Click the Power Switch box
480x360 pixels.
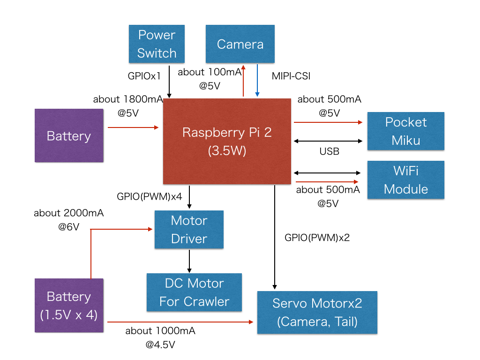(x=157, y=44)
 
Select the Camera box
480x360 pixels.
(x=240, y=44)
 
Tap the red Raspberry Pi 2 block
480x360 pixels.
(x=227, y=141)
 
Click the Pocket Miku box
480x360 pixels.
(x=405, y=131)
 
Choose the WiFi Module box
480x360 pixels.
(x=405, y=180)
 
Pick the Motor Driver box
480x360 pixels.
(x=189, y=229)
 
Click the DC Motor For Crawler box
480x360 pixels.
(x=194, y=292)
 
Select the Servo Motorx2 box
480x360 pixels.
(x=317, y=312)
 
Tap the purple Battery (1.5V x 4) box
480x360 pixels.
(x=69, y=306)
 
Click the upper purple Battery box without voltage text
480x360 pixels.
(x=69, y=136)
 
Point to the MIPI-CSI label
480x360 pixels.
(x=291, y=75)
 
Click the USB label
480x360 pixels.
(x=329, y=151)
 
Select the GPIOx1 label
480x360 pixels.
(x=144, y=75)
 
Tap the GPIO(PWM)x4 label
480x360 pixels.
(x=150, y=196)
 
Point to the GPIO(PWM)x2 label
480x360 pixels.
(x=317, y=238)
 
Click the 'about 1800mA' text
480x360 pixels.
(x=128, y=99)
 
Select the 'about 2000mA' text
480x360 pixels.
(x=68, y=213)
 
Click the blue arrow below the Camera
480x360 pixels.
(x=257, y=81)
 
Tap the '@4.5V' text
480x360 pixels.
(x=160, y=345)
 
